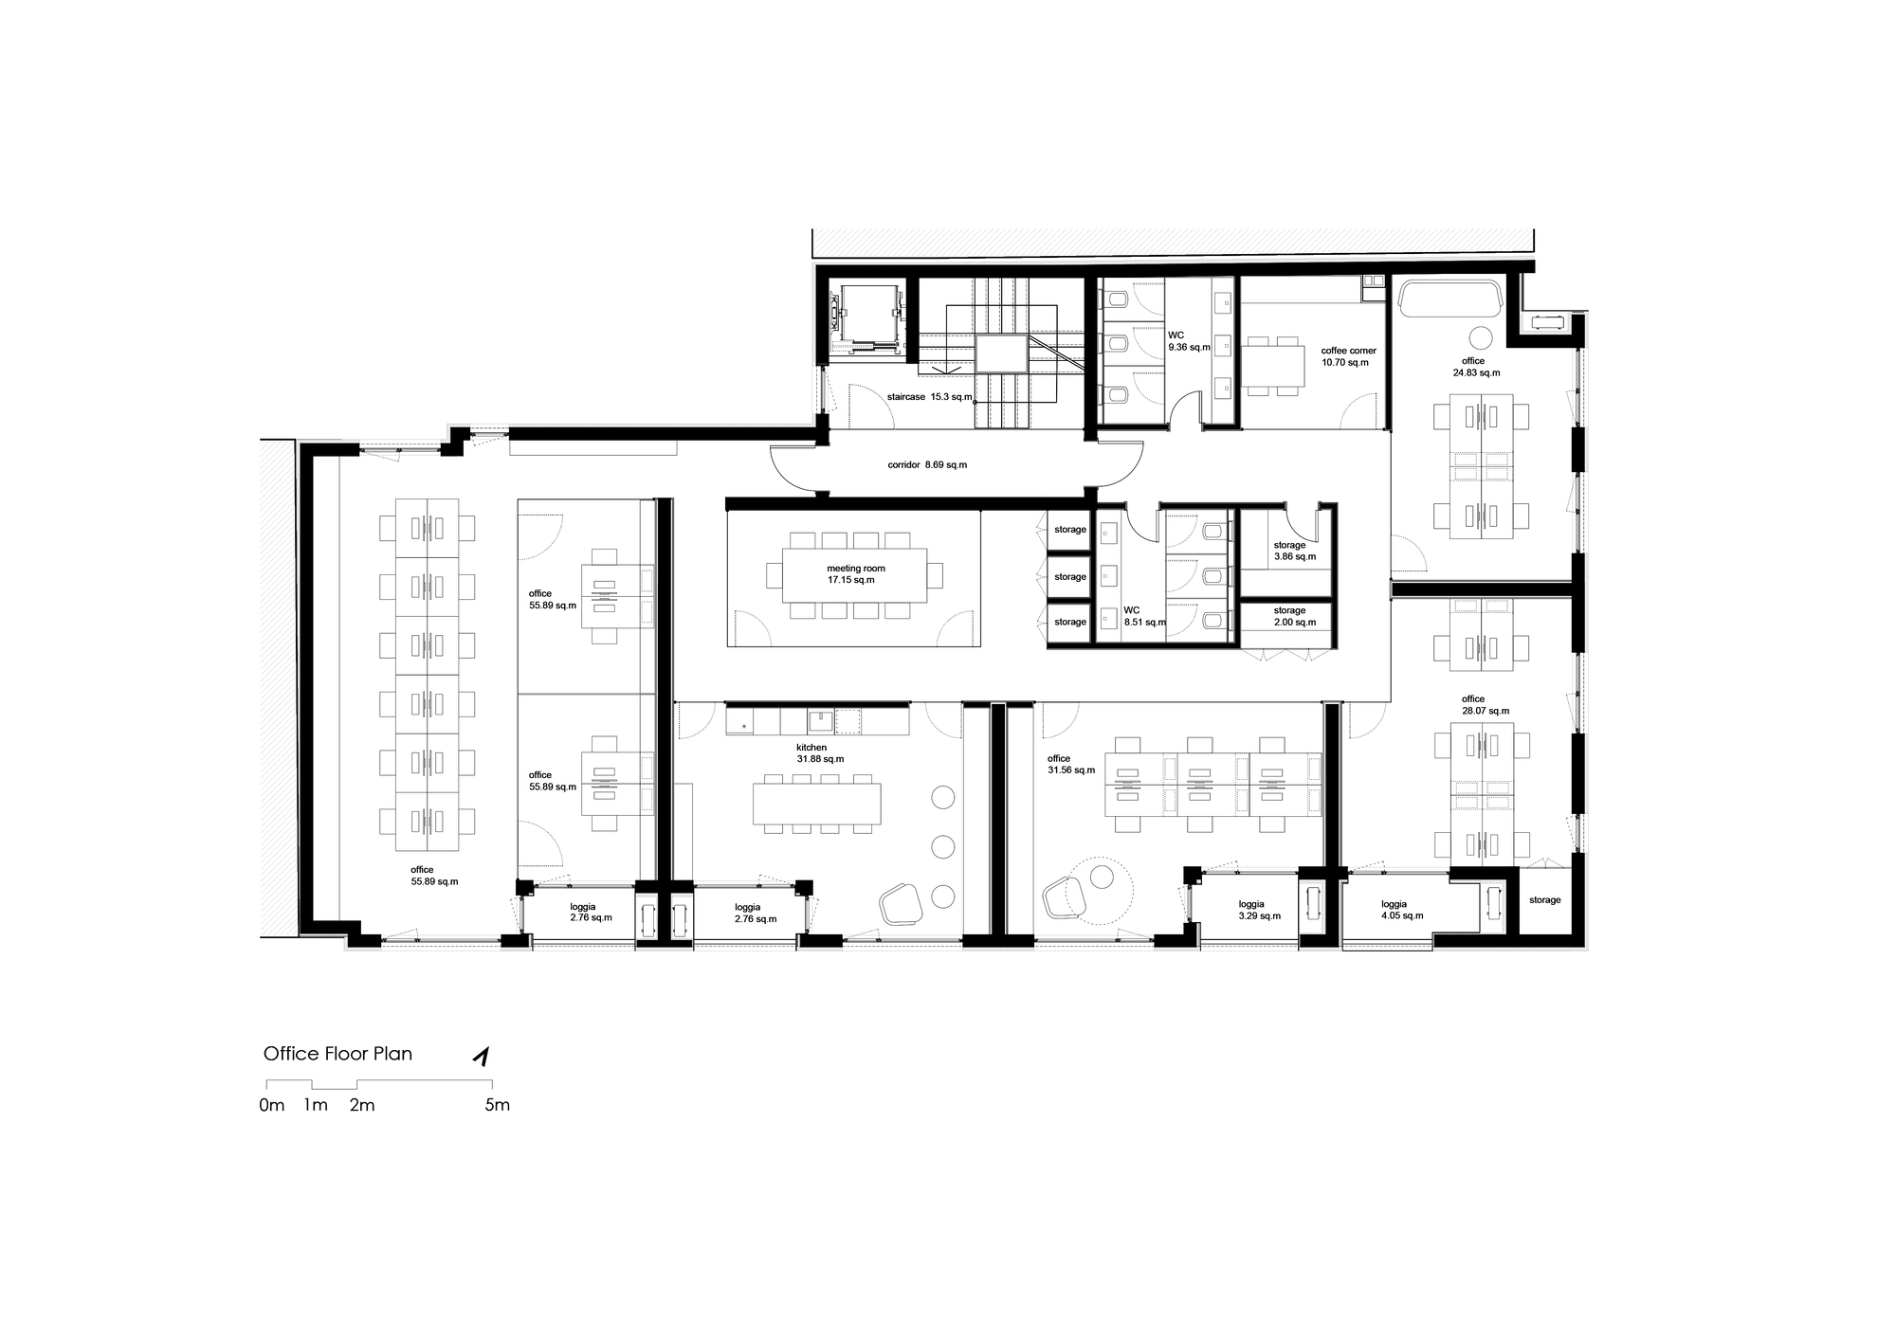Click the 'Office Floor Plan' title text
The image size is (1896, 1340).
pos(337,1054)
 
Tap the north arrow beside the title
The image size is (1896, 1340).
pos(483,1057)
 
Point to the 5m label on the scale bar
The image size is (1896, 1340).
pos(498,1105)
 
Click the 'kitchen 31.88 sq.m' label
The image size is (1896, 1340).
pos(820,753)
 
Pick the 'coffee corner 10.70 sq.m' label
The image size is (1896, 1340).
pos(1348,356)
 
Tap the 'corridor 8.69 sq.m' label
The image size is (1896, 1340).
pos(927,465)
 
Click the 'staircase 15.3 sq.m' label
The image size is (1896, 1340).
pos(929,396)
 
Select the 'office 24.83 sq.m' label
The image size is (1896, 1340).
pos(1476,367)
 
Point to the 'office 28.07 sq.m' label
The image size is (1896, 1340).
pos(1485,705)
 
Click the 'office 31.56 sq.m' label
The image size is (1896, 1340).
pos(1071,764)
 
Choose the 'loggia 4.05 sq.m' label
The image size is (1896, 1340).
pos(1402,910)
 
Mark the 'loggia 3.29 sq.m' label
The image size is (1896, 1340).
pos(1260,910)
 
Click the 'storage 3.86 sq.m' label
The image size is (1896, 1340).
pos(1295,551)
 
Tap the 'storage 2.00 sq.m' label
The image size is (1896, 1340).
pos(1295,616)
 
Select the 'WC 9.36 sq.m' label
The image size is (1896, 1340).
pos(1189,341)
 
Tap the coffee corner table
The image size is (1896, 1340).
pos(1272,365)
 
